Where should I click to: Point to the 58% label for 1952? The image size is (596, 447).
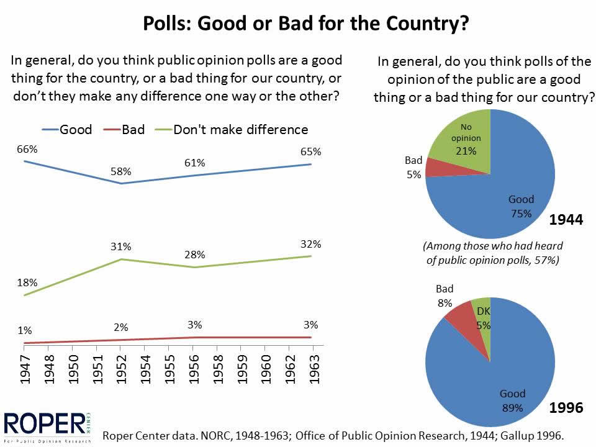tap(122, 171)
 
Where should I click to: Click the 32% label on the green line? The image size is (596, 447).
tap(310, 243)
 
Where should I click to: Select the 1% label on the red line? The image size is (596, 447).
tap(24, 330)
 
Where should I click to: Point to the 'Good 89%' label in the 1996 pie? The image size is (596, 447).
tap(512, 400)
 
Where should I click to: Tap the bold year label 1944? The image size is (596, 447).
tap(566, 219)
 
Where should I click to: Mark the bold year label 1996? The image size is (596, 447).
tap(566, 408)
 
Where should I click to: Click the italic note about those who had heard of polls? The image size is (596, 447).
tap(493, 253)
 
